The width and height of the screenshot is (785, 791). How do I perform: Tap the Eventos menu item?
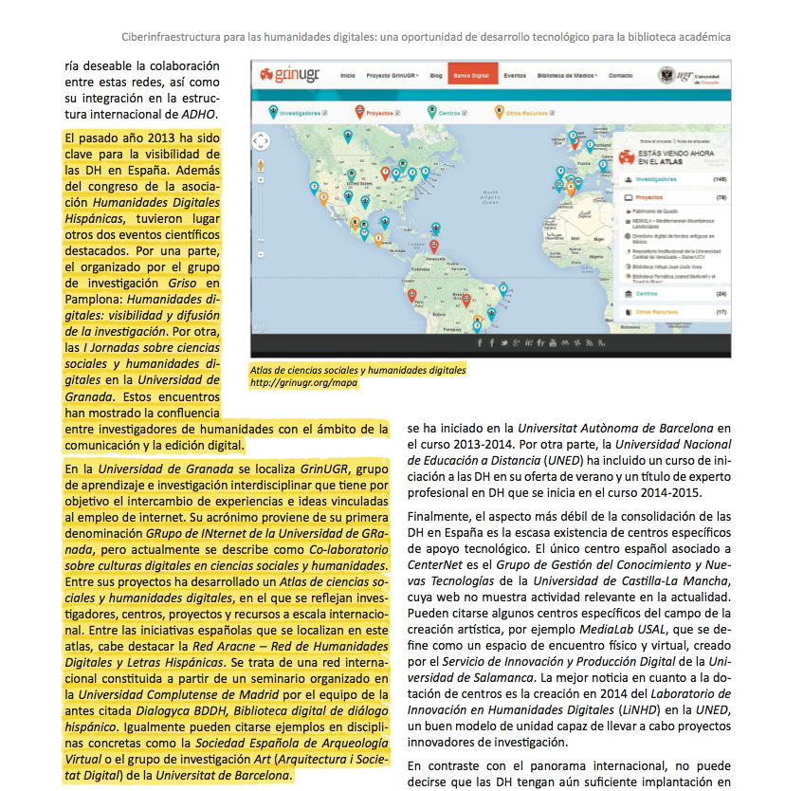[x=515, y=74]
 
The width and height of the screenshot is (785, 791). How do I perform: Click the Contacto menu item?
[x=621, y=74]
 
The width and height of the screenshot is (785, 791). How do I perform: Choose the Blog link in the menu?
[x=436, y=74]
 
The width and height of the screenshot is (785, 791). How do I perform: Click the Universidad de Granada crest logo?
[x=667, y=74]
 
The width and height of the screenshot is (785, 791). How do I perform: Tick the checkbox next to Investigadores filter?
[x=325, y=113]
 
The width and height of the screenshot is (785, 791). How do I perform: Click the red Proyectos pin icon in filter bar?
[x=359, y=112]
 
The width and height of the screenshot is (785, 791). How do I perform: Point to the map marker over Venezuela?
[x=434, y=246]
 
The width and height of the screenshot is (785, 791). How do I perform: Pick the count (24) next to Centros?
[x=721, y=293]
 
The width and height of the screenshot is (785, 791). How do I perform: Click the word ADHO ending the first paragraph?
[x=201, y=115]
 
